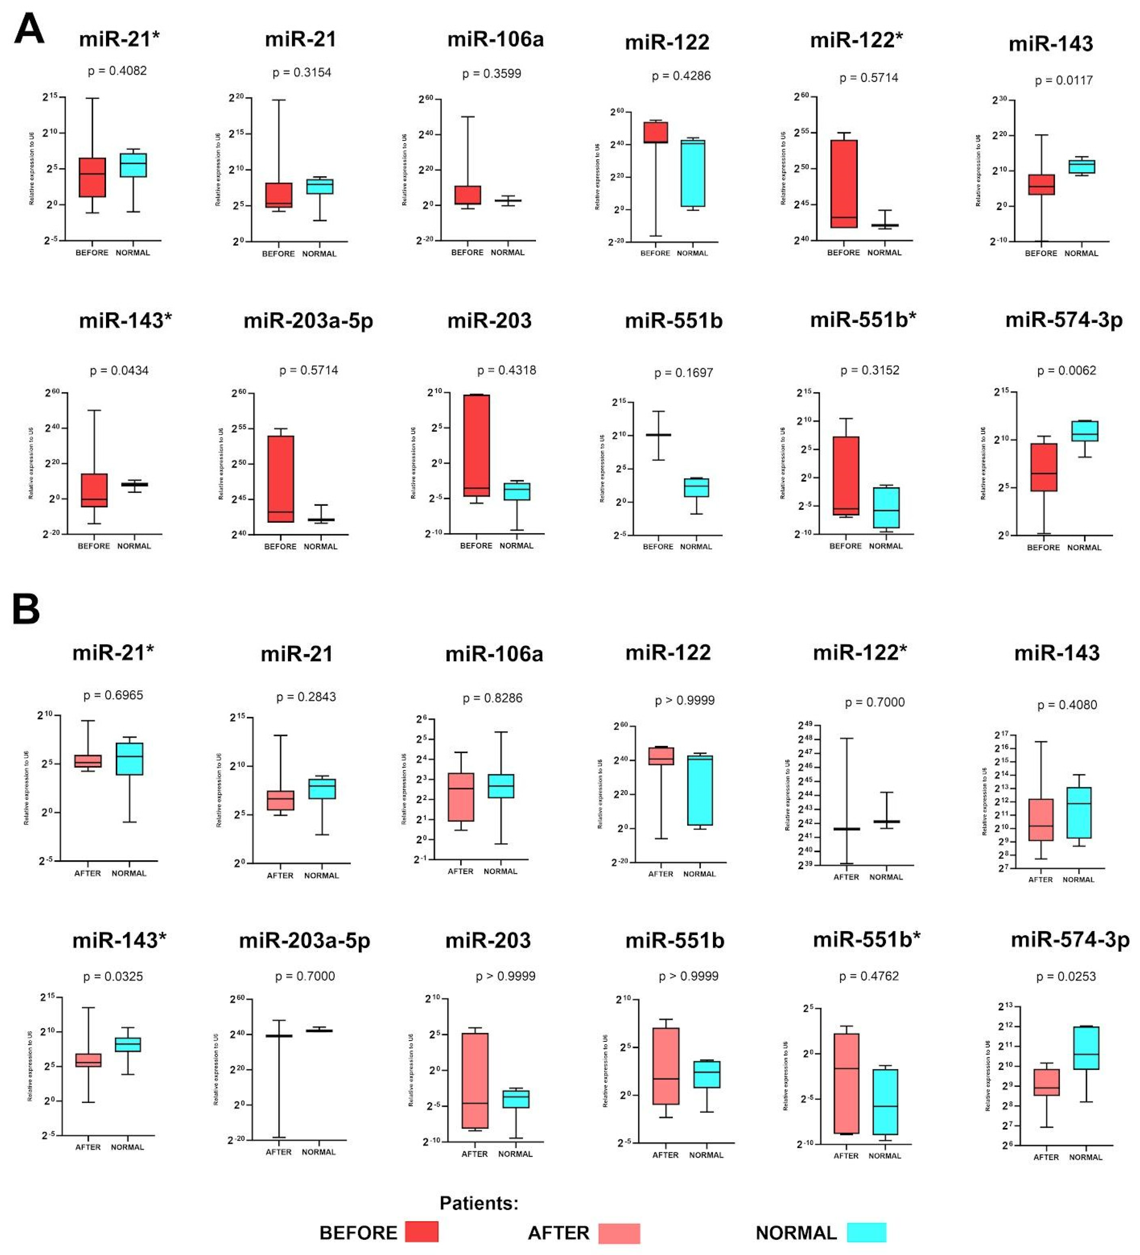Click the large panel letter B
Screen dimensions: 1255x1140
pos(26,609)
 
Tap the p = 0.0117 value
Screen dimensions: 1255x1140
pos(1063,80)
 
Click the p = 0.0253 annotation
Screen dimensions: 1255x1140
pos(1066,977)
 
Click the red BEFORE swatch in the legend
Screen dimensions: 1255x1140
pos(421,1232)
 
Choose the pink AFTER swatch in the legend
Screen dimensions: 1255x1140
pos(619,1233)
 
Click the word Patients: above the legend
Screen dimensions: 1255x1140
pos(479,1203)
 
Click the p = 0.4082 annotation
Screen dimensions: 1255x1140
pos(117,71)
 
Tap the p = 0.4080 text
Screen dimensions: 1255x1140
pos(1067,705)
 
